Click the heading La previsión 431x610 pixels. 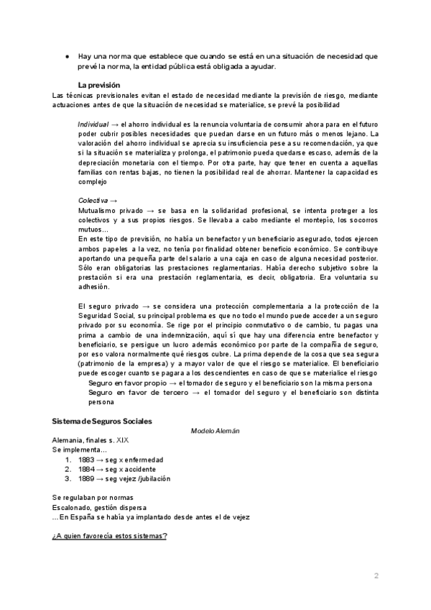100,85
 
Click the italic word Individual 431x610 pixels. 94,124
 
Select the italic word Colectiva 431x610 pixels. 93,199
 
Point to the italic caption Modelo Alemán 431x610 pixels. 215,430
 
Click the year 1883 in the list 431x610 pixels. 87,459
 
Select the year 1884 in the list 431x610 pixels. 87,468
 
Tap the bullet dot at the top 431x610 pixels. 66,56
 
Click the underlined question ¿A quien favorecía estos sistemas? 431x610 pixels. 109,536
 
